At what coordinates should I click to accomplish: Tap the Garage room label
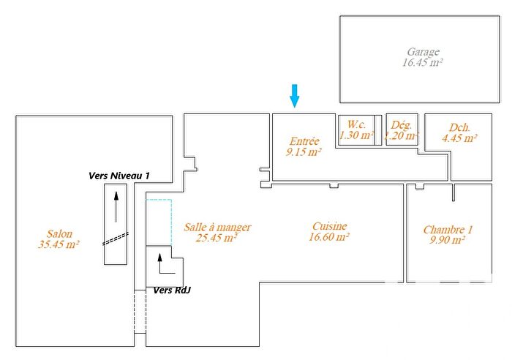point(423,52)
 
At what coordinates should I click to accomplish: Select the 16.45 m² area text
point(423,63)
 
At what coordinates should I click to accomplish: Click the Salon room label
point(58,233)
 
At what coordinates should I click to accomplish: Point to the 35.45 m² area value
point(59,244)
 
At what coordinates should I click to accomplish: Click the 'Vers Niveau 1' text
point(118,176)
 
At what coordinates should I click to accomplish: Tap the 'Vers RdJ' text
point(172,290)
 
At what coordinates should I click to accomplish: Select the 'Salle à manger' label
point(217,227)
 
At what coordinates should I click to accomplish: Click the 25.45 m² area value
point(217,238)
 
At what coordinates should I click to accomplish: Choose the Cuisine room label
point(328,226)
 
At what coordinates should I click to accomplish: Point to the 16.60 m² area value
point(328,237)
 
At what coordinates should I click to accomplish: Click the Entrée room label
point(304,141)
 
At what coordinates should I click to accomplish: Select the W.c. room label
point(356,124)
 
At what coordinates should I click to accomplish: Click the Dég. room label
point(402,124)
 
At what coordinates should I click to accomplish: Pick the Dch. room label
point(459,126)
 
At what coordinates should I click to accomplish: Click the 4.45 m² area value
point(459,137)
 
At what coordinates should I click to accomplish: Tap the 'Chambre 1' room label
point(448,229)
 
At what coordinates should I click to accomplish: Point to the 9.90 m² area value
point(448,240)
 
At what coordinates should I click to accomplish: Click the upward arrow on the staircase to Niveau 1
point(116,208)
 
